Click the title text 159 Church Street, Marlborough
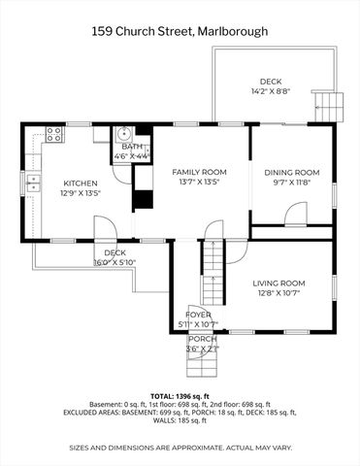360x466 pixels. click(x=180, y=31)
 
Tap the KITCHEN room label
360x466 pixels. click(x=82, y=183)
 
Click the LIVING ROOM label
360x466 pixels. click(x=279, y=283)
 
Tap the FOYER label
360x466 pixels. click(x=199, y=315)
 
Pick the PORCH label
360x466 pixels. click(x=202, y=339)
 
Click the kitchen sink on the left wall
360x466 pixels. click(x=32, y=180)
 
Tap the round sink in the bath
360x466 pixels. click(x=123, y=136)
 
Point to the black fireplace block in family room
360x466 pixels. click(x=143, y=187)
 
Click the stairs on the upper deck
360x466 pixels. click(x=331, y=104)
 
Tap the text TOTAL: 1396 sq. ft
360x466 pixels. click(x=180, y=396)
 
